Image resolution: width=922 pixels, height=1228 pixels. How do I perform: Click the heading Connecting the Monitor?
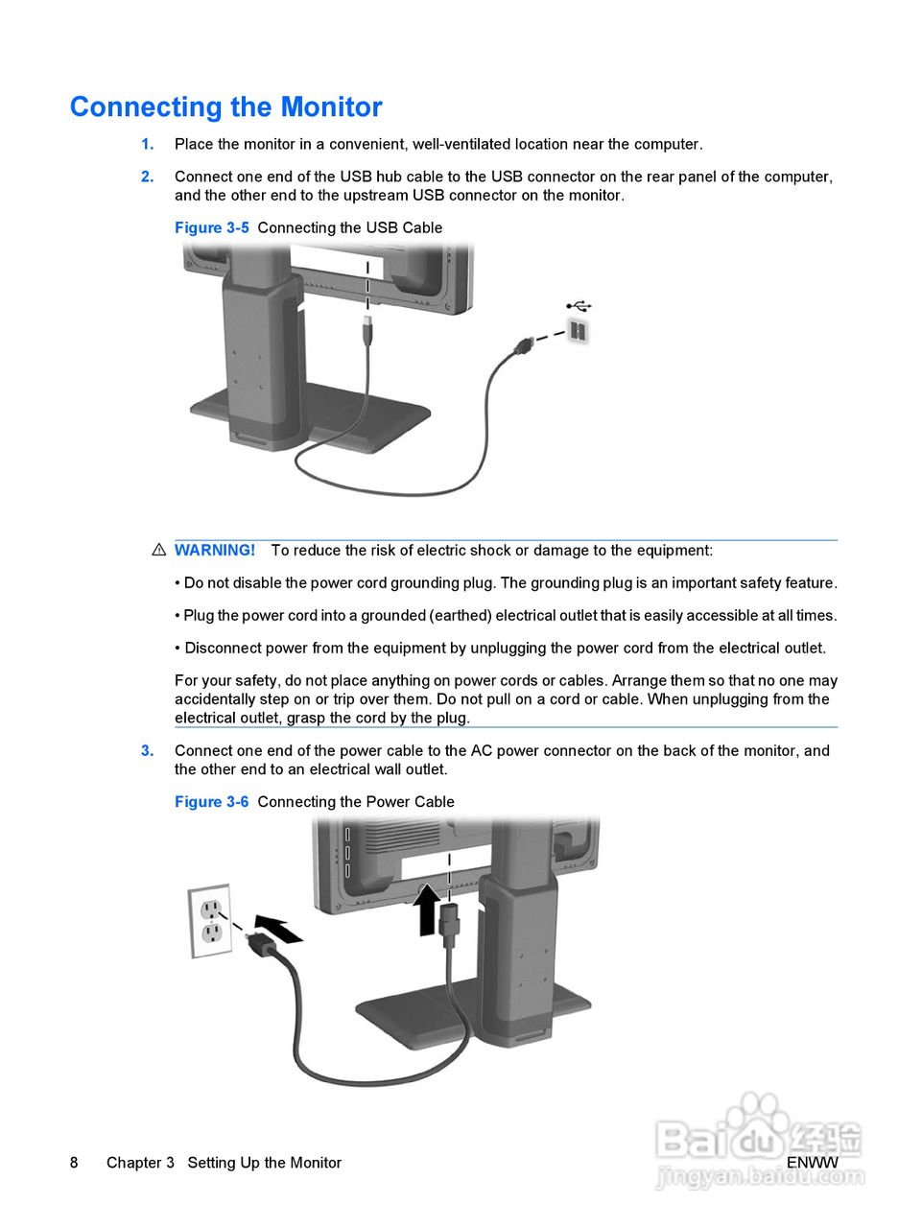(x=225, y=106)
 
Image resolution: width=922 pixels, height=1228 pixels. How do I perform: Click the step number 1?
(x=147, y=145)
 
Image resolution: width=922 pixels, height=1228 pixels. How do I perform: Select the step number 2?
(x=147, y=177)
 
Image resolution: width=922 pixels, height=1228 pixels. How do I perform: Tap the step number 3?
(x=147, y=751)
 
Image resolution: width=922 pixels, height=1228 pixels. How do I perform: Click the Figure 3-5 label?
(x=211, y=228)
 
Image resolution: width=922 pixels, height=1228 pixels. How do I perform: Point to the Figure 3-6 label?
(x=211, y=802)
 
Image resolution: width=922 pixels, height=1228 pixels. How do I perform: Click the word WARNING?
(x=215, y=551)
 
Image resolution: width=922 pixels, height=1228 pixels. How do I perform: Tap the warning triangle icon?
(x=159, y=551)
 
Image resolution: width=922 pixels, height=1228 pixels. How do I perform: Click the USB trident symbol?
(x=579, y=306)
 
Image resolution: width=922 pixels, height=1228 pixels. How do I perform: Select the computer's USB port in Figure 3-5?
(x=578, y=331)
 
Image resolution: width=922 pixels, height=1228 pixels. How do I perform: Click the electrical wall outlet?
(x=210, y=920)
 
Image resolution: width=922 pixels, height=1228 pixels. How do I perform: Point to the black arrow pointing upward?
(x=427, y=908)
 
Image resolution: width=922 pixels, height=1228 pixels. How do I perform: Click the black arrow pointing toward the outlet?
(x=278, y=928)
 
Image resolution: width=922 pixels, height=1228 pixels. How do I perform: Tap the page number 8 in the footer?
(x=74, y=1163)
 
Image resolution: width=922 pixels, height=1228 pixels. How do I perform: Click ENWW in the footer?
(x=812, y=1163)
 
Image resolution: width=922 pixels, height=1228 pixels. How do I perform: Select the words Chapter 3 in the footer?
(x=140, y=1163)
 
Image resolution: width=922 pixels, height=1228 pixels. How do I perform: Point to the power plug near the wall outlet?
(x=261, y=944)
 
